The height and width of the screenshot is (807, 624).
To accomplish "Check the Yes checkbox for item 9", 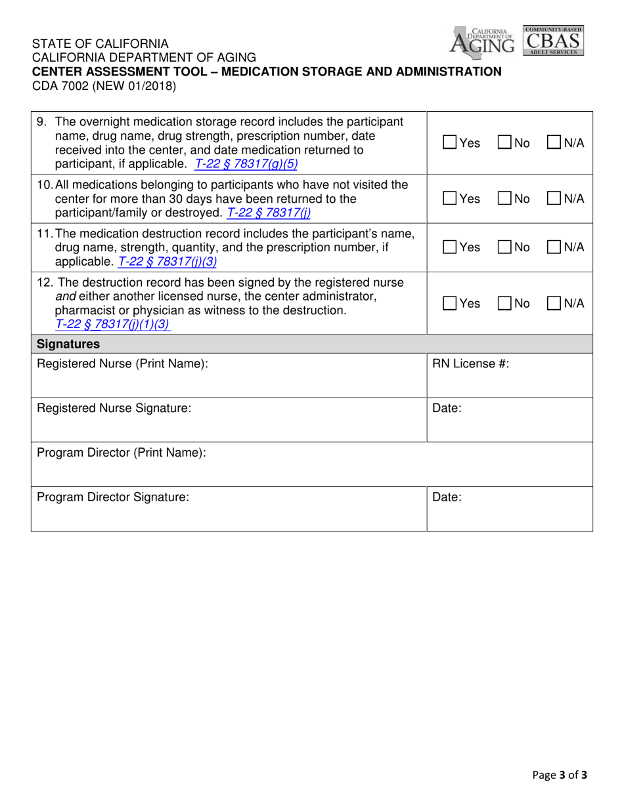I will click(x=450, y=142).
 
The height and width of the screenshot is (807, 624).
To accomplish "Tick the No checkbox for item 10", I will click(x=504, y=199).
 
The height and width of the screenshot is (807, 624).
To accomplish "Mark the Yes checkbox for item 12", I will click(x=450, y=304).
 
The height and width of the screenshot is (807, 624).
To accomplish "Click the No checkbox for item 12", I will click(x=504, y=304).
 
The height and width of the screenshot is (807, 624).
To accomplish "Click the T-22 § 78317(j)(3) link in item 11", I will click(x=167, y=262).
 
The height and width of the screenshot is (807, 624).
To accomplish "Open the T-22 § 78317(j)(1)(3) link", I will click(x=112, y=323).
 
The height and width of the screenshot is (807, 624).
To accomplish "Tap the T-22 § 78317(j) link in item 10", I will click(x=269, y=213).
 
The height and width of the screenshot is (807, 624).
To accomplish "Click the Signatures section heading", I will click(x=68, y=344).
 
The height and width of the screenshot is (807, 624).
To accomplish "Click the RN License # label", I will click(x=470, y=363).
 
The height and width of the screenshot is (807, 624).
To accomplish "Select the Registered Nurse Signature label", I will click(x=114, y=408).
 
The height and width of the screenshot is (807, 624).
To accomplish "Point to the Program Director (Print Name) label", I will click(x=122, y=453).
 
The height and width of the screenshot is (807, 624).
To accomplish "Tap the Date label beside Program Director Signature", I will click(x=447, y=497).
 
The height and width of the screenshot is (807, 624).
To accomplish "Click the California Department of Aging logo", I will click(x=483, y=41).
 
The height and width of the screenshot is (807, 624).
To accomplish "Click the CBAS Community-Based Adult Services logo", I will click(x=552, y=41).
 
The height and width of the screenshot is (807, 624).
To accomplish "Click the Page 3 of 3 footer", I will click(x=560, y=774).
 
